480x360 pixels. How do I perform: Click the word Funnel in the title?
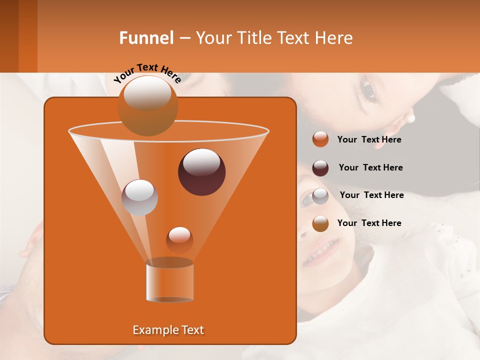click(x=146, y=38)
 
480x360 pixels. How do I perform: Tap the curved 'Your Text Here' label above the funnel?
click(x=147, y=73)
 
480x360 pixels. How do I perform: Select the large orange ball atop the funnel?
click(x=148, y=105)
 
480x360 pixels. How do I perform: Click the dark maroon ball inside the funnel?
click(x=201, y=172)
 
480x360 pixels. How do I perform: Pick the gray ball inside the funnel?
click(x=139, y=197)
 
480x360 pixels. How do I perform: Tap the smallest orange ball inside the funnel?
click(x=179, y=240)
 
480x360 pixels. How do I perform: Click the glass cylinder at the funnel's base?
click(x=169, y=282)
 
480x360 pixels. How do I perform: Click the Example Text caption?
click(x=168, y=330)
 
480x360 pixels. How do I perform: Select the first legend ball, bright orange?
click(x=320, y=139)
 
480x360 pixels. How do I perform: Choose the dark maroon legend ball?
click(x=320, y=168)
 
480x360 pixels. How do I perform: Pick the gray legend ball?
click(x=320, y=196)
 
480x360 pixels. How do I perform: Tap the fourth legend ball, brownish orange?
click(x=320, y=223)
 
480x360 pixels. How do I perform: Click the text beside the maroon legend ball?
click(x=370, y=168)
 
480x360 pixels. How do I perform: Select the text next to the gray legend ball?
click(x=371, y=195)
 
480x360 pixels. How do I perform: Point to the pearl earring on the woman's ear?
click(x=411, y=119)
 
